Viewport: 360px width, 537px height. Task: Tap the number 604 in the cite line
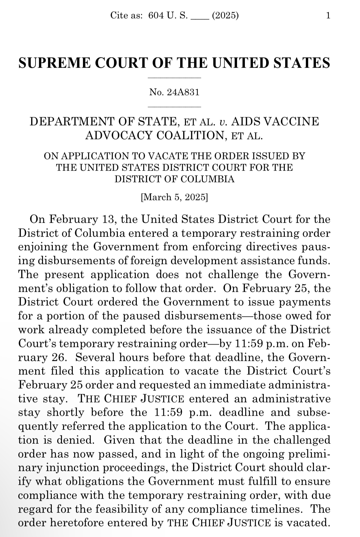[156, 15]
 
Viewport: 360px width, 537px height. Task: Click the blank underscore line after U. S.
[199, 16]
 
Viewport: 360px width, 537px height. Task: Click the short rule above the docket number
[175, 78]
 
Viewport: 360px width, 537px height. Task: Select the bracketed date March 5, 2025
[174, 197]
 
